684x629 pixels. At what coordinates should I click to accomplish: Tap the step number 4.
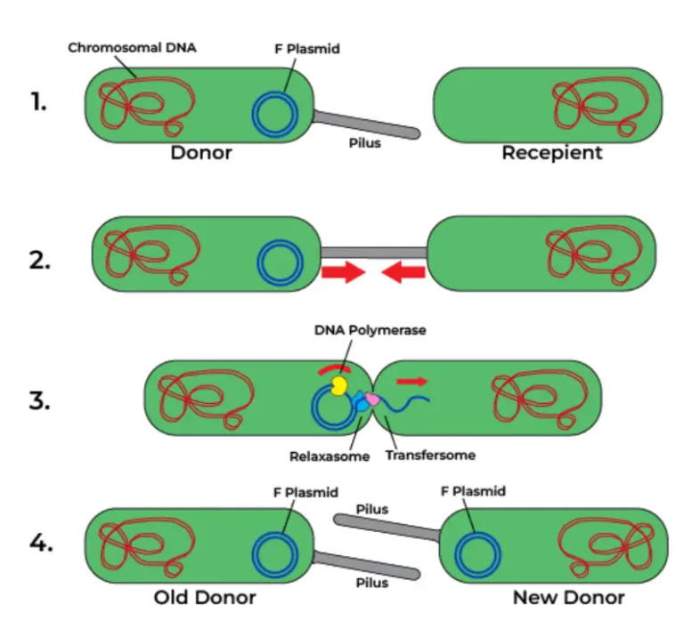pyautogui.click(x=37, y=544)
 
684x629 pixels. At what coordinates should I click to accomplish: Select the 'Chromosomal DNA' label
pyautogui.click(x=130, y=47)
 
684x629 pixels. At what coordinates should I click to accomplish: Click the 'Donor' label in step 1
pyautogui.click(x=201, y=152)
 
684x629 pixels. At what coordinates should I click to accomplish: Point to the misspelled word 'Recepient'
pyautogui.click(x=551, y=152)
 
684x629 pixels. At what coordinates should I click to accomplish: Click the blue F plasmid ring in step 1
pyautogui.click(x=275, y=114)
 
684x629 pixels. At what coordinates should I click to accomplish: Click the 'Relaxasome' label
pyautogui.click(x=325, y=456)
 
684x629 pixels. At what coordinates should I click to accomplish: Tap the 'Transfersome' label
pyautogui.click(x=430, y=456)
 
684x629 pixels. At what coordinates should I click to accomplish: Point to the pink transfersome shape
pyautogui.click(x=371, y=402)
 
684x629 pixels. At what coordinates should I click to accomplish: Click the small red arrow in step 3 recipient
pyautogui.click(x=411, y=381)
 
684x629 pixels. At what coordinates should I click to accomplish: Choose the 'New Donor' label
pyautogui.click(x=568, y=597)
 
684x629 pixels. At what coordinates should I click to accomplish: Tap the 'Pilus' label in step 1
pyautogui.click(x=364, y=143)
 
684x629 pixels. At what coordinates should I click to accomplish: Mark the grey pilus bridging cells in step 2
pyautogui.click(x=373, y=254)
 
